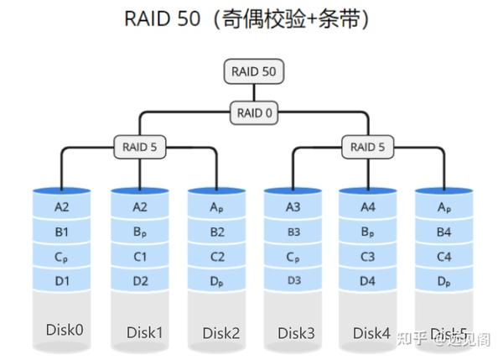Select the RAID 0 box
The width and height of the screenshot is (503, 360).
(254, 112)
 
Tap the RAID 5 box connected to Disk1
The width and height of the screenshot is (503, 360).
(139, 148)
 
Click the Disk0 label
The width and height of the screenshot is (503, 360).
(64, 329)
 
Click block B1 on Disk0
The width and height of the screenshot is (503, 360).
(61, 232)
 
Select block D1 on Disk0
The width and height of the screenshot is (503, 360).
(61, 279)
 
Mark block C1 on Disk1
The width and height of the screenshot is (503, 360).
(138, 257)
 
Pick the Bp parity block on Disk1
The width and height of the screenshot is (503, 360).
(138, 232)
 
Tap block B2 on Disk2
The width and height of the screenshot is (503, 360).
(215, 232)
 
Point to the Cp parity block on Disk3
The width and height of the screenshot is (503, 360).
(293, 257)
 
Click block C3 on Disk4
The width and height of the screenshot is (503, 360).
(368, 257)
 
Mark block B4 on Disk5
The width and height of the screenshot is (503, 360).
(443, 232)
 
